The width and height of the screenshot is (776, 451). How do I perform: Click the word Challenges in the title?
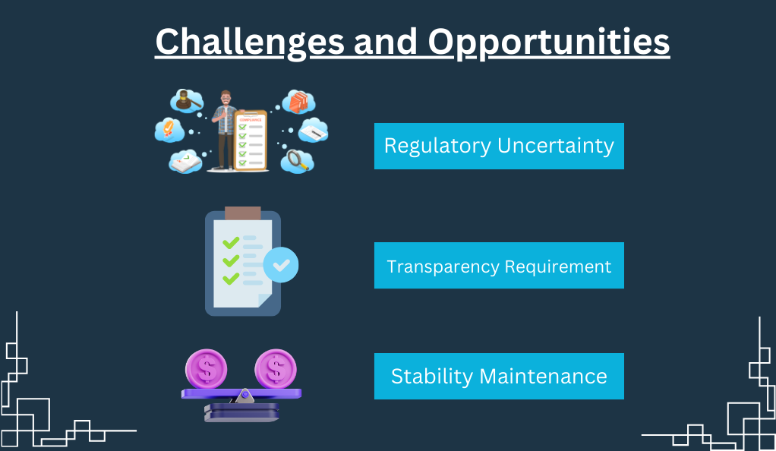pos(250,43)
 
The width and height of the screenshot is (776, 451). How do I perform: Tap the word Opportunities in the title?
pos(549,43)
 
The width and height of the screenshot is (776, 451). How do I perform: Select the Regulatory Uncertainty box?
pos(499,146)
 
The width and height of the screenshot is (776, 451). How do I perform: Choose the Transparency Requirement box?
pos(499,265)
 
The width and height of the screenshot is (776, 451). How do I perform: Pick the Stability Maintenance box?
pos(499,377)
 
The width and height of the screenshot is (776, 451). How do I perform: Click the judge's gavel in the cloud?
pos(187,100)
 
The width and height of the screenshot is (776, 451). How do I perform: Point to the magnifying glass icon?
pos(298,160)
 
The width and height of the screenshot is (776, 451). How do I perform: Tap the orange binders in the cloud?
pos(298,102)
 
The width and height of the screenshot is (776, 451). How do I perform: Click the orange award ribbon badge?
pos(169,128)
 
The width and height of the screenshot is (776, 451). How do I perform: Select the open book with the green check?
pos(185,162)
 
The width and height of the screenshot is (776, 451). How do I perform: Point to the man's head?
pos(226,97)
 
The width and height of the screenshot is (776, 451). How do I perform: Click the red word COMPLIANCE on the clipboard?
pos(251,120)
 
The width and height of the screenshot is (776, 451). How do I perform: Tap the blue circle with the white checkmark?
pos(281,265)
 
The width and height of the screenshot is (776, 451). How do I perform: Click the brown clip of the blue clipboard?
pos(242,213)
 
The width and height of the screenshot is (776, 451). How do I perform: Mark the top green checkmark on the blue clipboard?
pos(231,242)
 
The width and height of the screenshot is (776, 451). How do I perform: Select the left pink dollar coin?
pos(207,369)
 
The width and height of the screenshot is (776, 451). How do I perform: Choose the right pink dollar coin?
pos(276,369)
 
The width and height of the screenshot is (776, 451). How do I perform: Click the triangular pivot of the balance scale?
pos(244,396)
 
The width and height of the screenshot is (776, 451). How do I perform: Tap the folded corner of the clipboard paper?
pos(265,301)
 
